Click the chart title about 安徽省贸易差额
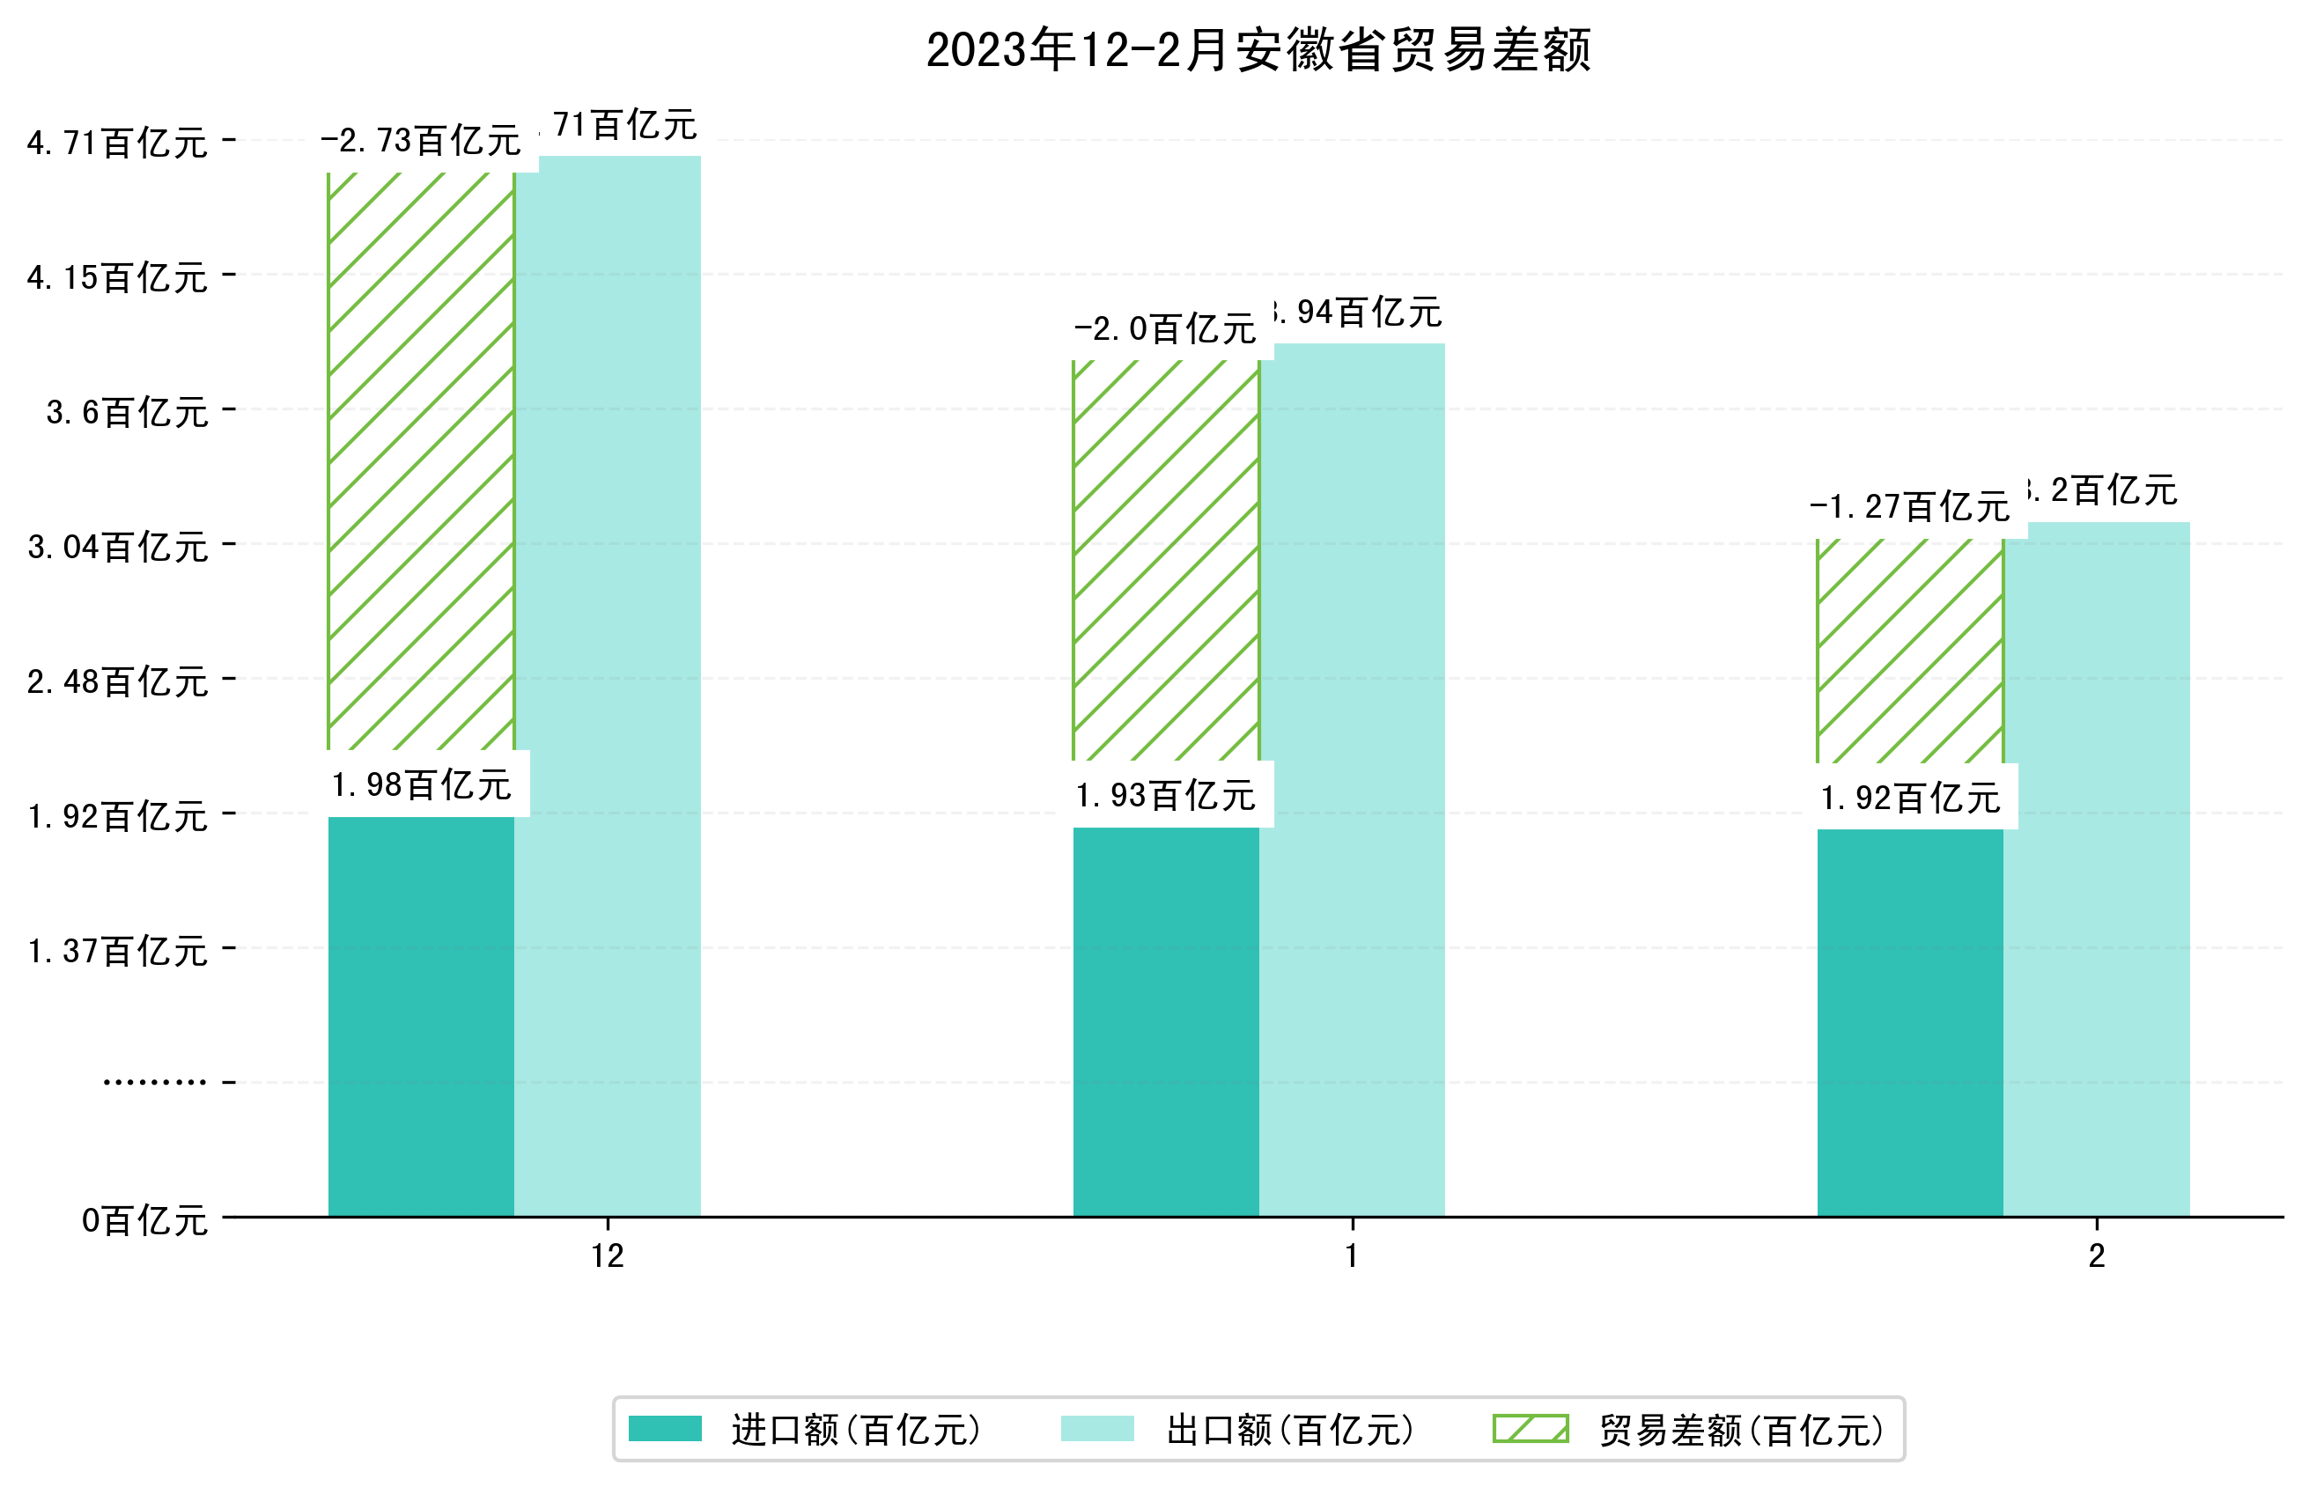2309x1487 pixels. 1258,50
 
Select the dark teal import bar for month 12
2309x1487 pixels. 421,1016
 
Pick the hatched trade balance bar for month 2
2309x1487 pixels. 1909,651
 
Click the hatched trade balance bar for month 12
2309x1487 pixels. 421,461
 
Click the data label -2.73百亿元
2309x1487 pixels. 421,142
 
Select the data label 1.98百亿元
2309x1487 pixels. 421,785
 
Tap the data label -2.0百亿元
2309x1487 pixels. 1165,330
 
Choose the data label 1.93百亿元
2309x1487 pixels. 1165,796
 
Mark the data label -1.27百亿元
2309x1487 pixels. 1909,507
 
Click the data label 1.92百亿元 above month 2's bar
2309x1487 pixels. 1909,799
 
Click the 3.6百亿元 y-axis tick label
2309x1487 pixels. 127,413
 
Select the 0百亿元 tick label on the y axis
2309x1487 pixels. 144,1221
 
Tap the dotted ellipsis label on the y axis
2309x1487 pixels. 154,1082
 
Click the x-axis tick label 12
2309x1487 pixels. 608,1256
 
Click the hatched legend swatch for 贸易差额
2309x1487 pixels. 1530,1429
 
